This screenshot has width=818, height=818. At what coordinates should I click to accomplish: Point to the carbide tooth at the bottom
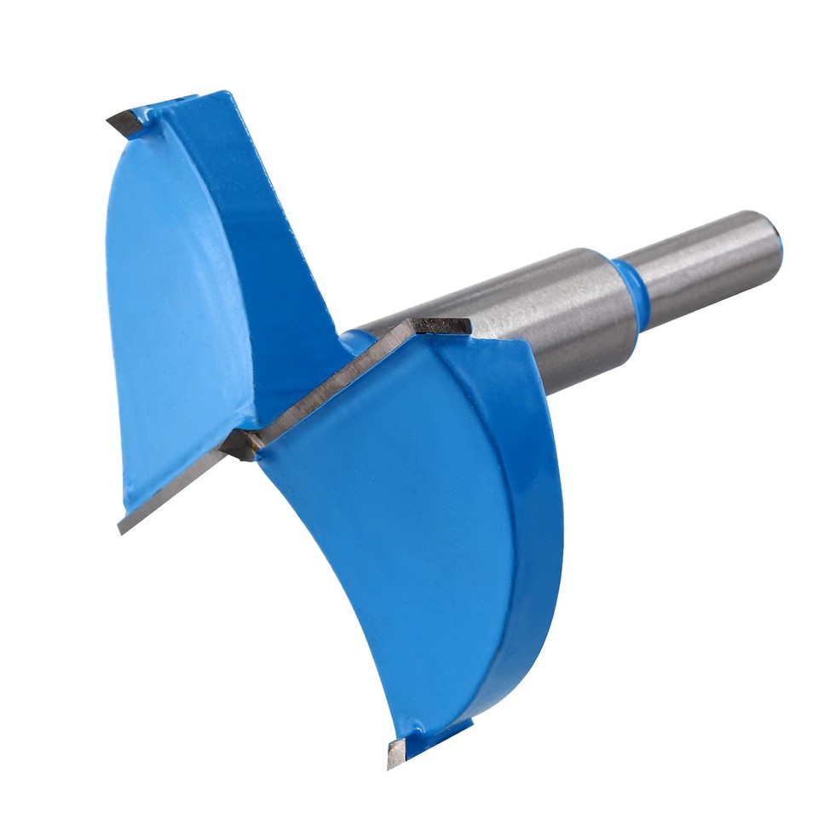pyautogui.click(x=397, y=751)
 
